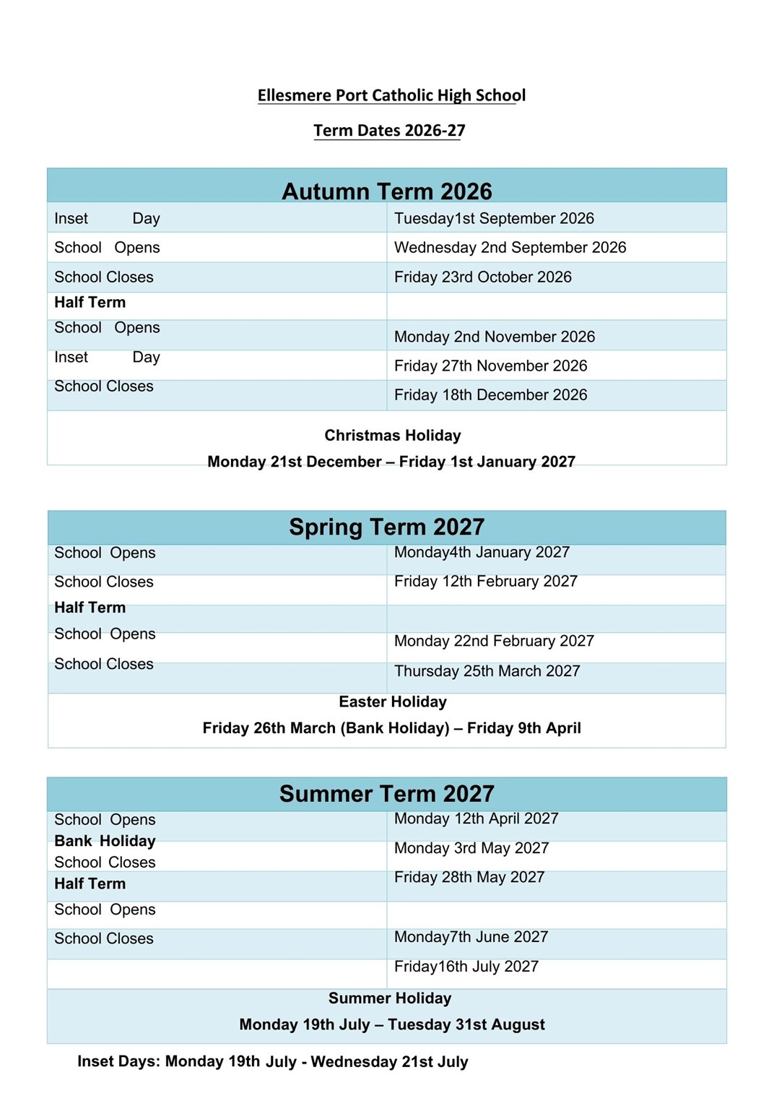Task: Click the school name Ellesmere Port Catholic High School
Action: pos(391,95)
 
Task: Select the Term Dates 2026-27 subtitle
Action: pos(389,131)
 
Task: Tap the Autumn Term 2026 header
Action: pos(387,191)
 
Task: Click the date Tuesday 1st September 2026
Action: pos(494,219)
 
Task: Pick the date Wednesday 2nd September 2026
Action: pos(510,248)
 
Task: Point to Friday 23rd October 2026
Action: pos(482,277)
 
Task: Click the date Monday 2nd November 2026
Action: pos(494,337)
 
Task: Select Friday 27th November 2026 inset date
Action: pos(490,366)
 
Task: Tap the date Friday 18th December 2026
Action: pos(490,395)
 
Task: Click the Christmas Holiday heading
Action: pos(392,436)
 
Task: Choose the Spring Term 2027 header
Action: pos(387,527)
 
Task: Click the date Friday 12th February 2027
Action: pos(485,582)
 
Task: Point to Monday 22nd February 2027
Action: pos(494,642)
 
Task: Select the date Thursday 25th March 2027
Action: pos(487,671)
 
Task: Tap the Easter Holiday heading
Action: pos(392,702)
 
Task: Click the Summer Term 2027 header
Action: pos(387,794)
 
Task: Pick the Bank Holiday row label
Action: pos(105,841)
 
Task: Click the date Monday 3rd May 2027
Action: pos(471,848)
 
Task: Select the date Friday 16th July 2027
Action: pos(466,967)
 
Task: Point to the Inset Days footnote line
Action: pos(273,1062)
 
